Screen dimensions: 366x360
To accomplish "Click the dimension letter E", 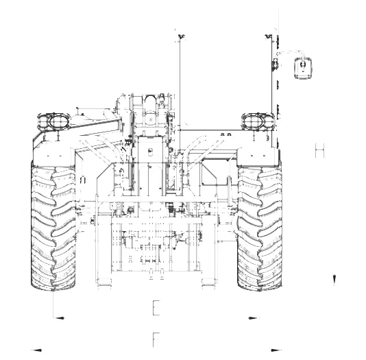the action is (x=156, y=308).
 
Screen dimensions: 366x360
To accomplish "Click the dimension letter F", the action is (x=156, y=339).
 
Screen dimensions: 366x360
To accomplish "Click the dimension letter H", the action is (x=320, y=150).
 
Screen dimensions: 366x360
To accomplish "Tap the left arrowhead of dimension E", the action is (x=58, y=317).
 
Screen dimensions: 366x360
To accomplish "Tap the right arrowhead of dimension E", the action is (x=254, y=317).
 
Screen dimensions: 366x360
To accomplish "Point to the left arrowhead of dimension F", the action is (x=36, y=350).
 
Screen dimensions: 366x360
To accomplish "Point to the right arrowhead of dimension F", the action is (x=276, y=350).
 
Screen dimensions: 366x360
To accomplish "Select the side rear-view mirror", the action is (x=303, y=68).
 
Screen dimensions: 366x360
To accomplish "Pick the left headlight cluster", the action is (x=54, y=121).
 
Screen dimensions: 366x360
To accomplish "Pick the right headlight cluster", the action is (x=258, y=121).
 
